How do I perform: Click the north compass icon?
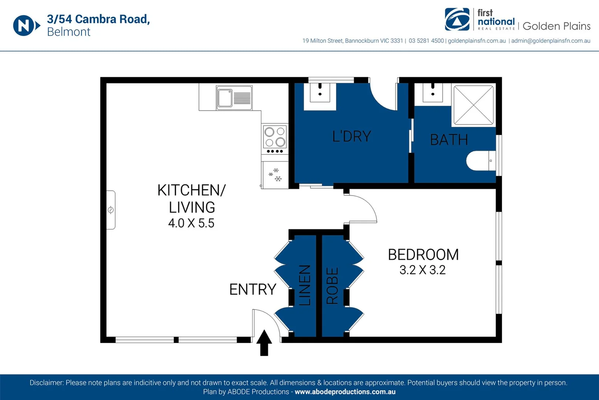(27, 26)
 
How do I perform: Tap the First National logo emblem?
(457, 19)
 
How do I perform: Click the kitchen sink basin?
(225, 98)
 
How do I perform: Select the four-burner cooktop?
(275, 139)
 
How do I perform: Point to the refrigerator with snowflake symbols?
(275, 175)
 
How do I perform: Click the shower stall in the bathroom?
(474, 105)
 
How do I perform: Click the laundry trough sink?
(320, 93)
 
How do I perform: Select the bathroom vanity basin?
(433, 93)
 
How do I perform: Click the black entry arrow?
(264, 343)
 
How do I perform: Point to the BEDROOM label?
(423, 254)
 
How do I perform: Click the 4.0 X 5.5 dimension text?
(191, 223)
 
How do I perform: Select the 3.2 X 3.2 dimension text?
(423, 270)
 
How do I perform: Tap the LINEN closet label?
(305, 286)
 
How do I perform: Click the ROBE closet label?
(332, 286)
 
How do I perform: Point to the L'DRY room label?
(351, 136)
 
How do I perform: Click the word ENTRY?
(253, 289)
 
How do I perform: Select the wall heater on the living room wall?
(111, 210)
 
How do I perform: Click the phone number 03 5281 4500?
(426, 41)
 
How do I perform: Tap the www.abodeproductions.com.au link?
(345, 392)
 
